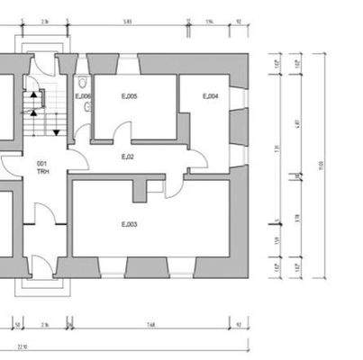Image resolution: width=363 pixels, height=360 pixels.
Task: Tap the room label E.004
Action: pos(210,96)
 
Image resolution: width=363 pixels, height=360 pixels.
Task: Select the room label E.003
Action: pos(129,223)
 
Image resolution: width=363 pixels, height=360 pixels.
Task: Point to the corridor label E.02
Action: pos(128,157)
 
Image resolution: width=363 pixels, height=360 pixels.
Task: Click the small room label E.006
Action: pos(82,95)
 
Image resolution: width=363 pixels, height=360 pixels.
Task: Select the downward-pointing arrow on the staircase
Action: pos(56,132)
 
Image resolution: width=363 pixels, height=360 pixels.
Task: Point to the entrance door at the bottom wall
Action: pos(38,265)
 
